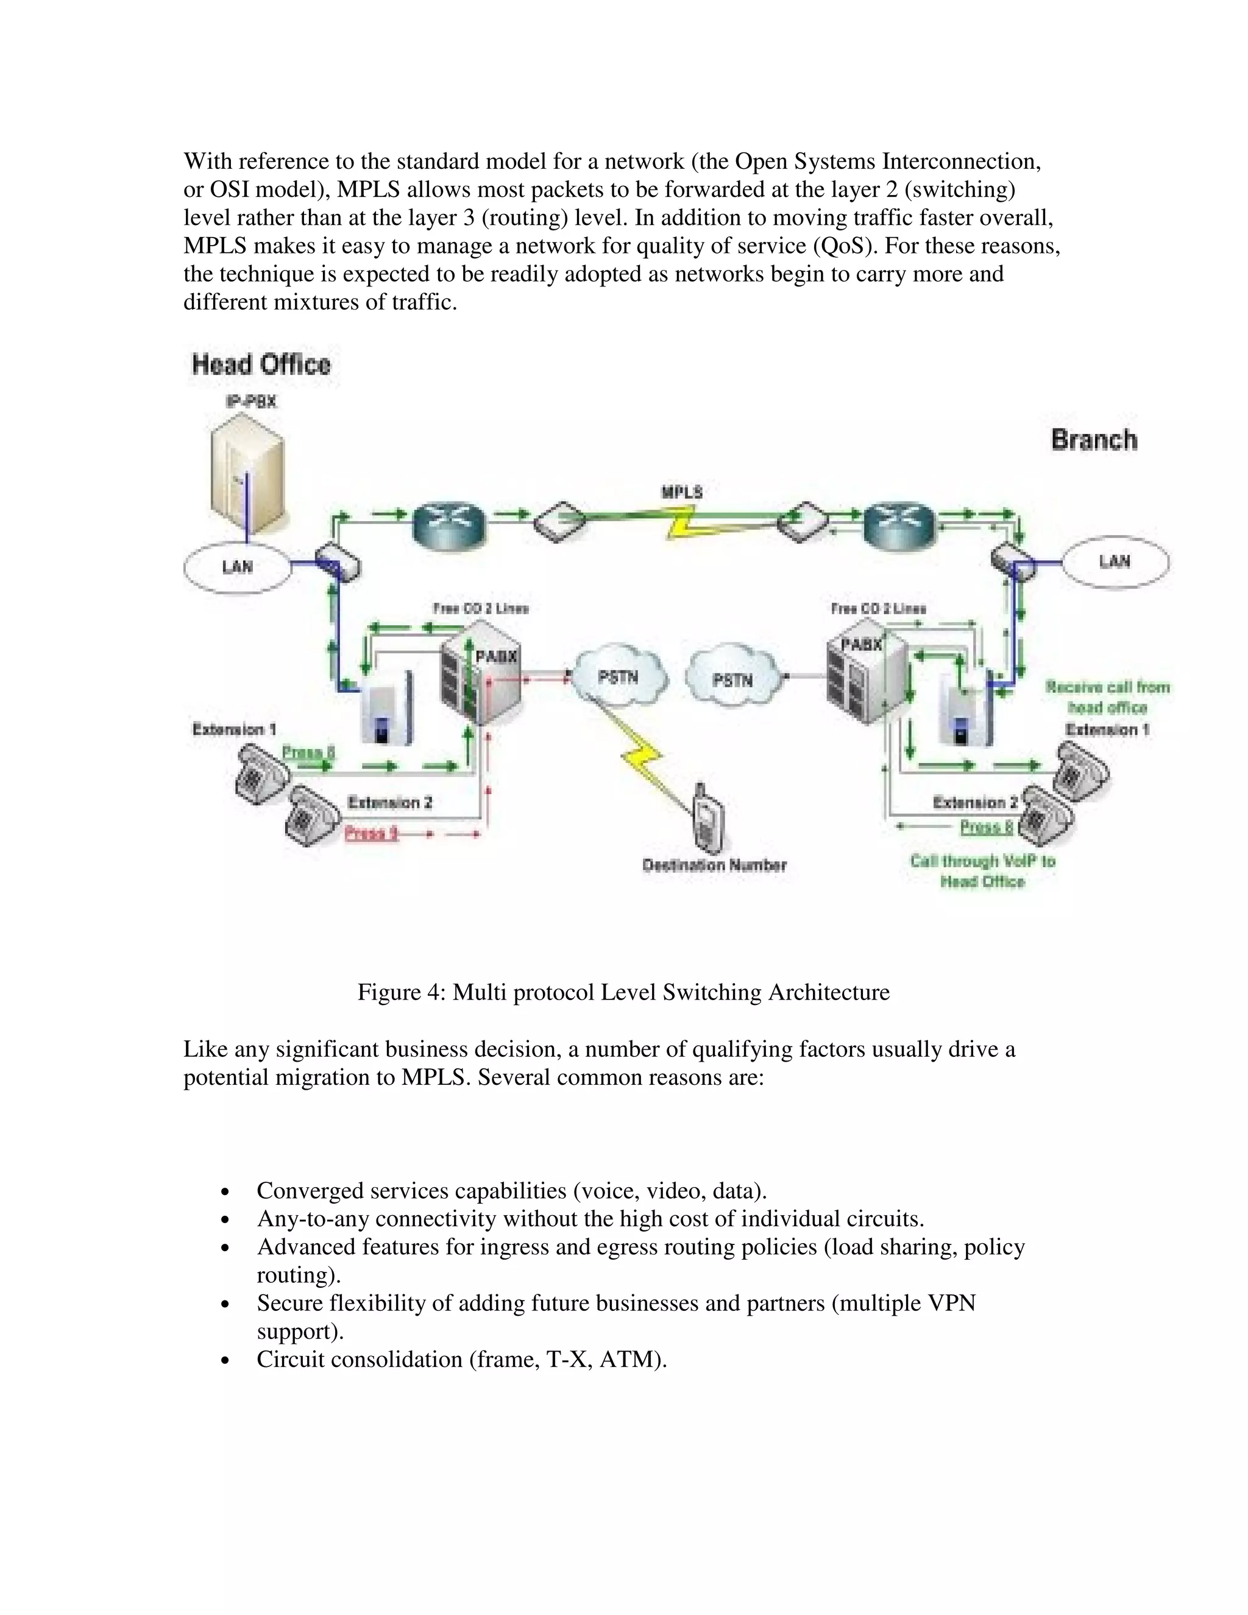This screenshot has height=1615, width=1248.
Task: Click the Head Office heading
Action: coord(261,364)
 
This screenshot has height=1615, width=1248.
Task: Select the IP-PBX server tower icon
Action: coord(247,474)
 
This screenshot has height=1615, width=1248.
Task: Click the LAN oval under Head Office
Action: coord(236,567)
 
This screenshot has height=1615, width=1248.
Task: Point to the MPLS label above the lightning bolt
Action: coord(682,492)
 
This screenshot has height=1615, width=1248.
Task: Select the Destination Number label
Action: coord(714,865)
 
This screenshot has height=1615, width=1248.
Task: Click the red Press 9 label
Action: coord(371,834)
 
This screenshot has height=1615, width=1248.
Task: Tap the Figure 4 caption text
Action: coord(623,992)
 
